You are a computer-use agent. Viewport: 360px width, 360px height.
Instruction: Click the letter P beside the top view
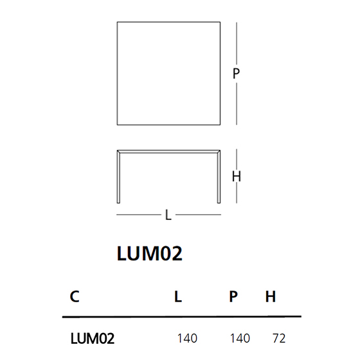click(236, 73)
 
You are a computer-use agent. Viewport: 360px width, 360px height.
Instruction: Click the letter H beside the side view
click(237, 176)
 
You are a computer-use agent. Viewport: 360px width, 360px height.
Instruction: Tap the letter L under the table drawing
click(168, 215)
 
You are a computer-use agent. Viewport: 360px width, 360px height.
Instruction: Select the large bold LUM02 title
click(150, 253)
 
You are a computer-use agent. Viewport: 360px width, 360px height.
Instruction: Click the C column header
click(75, 296)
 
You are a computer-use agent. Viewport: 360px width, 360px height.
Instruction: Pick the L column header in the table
click(178, 296)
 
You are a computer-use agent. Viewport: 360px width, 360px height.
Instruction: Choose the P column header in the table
click(233, 296)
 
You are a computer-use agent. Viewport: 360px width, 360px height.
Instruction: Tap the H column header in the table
click(271, 296)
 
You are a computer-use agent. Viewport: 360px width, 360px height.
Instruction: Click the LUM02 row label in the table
click(93, 338)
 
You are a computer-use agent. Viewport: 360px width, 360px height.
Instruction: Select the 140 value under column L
click(187, 338)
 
